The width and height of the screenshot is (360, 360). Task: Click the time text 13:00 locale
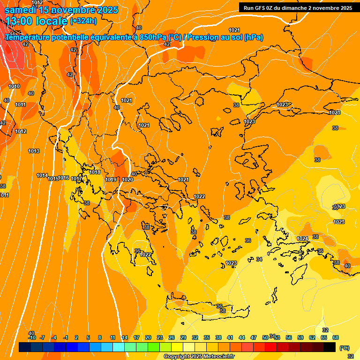click(37, 21)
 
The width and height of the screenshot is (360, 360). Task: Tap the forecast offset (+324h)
click(83, 21)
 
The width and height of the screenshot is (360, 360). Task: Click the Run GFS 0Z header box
click(298, 7)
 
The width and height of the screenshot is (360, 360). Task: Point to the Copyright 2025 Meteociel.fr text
click(199, 357)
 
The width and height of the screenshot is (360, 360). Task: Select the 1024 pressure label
click(303, 239)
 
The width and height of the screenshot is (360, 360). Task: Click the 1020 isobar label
click(127, 180)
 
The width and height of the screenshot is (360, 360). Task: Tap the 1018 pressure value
click(95, 172)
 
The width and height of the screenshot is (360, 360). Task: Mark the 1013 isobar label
click(34, 151)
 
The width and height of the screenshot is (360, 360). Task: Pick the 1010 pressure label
click(14, 86)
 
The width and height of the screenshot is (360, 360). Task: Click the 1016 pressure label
click(64, 178)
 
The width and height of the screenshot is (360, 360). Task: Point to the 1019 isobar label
click(111, 180)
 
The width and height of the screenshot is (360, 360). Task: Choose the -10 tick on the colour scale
click(32, 337)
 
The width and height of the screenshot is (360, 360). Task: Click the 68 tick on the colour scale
click(336, 337)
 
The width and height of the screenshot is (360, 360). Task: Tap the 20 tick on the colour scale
click(148, 337)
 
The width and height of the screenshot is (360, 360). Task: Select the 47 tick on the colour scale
click(254, 337)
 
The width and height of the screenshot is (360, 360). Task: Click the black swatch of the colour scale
click(330, 347)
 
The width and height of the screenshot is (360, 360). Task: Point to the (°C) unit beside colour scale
click(344, 348)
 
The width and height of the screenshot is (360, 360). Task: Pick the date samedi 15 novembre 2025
click(61, 9)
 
